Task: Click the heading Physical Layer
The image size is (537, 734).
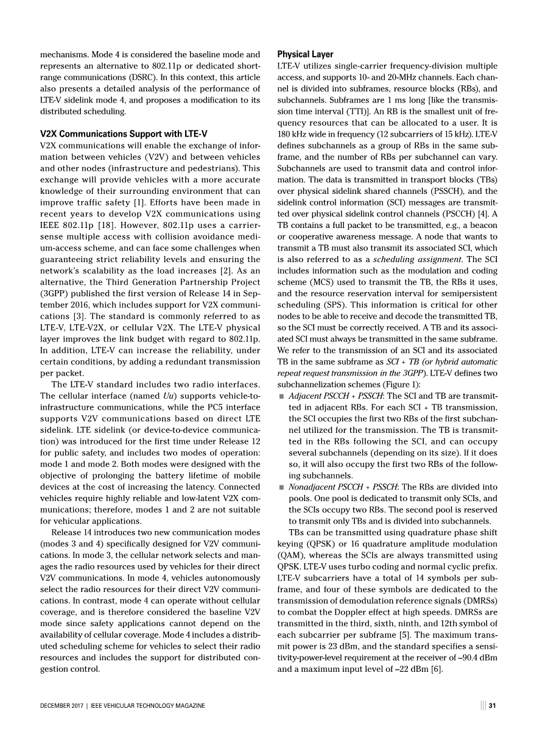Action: coord(305,54)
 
